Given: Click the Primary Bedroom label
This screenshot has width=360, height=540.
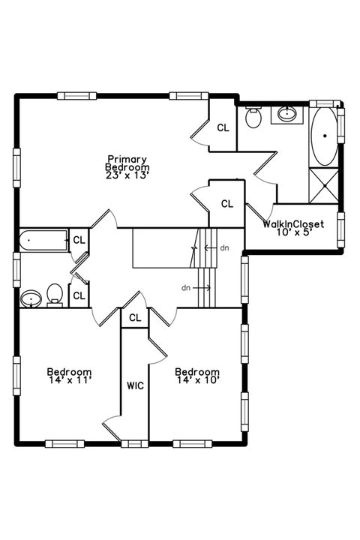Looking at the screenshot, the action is pyautogui.click(x=127, y=163).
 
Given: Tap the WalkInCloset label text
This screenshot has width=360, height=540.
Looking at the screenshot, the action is pyautogui.click(x=293, y=224).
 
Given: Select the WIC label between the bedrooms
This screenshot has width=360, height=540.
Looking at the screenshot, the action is pyautogui.click(x=135, y=385).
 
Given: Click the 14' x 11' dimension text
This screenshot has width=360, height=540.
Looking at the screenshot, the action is pyautogui.click(x=69, y=380).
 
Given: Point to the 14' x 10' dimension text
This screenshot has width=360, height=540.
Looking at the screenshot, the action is pyautogui.click(x=199, y=380).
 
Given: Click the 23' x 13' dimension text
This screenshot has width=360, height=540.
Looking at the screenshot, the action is pyautogui.click(x=127, y=175).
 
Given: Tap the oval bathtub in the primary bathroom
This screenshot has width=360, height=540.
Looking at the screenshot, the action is pyautogui.click(x=325, y=136).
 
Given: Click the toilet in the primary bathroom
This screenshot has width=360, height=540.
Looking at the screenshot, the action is pyautogui.click(x=253, y=117).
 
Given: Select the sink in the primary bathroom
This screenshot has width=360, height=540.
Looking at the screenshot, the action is pyautogui.click(x=287, y=113).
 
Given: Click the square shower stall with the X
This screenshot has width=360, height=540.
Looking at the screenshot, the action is pyautogui.click(x=324, y=185).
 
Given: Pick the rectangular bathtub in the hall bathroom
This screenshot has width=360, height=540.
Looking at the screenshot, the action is pyautogui.click(x=43, y=240).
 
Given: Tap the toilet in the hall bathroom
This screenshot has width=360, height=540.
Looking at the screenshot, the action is pyautogui.click(x=55, y=295).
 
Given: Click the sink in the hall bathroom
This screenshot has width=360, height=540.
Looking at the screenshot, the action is pyautogui.click(x=31, y=298).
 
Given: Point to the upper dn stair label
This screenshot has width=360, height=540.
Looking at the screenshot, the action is pyautogui.click(x=224, y=247).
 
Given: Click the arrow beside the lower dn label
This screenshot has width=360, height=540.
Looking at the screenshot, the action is pyautogui.click(x=202, y=287).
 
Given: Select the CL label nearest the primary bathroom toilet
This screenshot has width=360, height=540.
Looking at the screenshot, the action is pyautogui.click(x=223, y=127).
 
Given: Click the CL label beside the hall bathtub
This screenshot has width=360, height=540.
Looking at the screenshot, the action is pyautogui.click(x=79, y=240).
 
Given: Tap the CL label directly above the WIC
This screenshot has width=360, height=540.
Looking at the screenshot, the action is pyautogui.click(x=135, y=317).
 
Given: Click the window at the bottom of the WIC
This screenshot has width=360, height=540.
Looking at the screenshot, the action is pyautogui.click(x=135, y=444).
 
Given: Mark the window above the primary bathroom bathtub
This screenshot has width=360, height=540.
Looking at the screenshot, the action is pyautogui.click(x=324, y=103).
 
